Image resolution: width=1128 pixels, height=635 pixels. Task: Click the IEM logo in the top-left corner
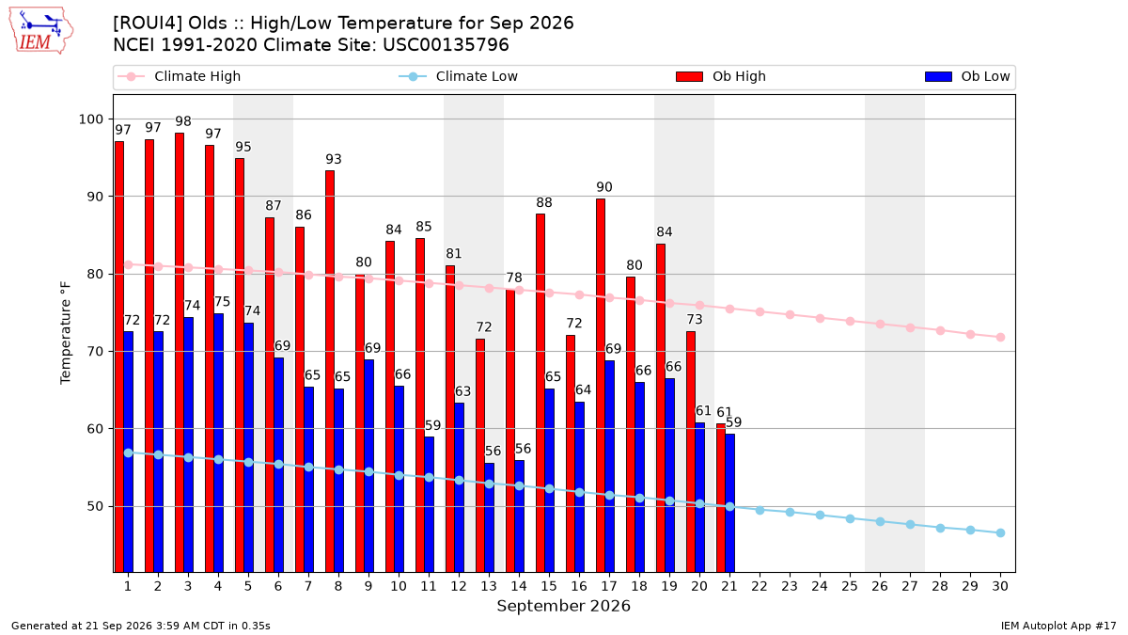(x=41, y=31)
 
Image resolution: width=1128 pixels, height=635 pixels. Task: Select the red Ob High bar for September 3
(x=180, y=352)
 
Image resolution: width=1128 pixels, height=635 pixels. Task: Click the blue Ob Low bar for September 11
(x=429, y=504)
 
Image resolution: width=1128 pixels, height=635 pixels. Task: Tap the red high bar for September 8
(x=330, y=372)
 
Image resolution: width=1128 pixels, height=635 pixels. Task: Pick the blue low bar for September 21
(x=730, y=503)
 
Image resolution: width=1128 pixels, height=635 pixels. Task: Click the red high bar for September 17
(x=601, y=386)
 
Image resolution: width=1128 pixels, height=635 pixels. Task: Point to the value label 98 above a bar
(x=183, y=121)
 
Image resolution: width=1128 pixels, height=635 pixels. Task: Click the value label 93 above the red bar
(x=334, y=159)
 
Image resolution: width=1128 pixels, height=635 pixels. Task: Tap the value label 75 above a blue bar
(x=222, y=302)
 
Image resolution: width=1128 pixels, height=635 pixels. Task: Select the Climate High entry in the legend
(x=180, y=76)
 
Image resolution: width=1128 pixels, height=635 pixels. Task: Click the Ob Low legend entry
(x=967, y=76)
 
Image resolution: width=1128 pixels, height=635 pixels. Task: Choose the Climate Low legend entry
(x=459, y=76)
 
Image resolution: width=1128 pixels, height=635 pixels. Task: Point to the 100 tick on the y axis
(x=90, y=119)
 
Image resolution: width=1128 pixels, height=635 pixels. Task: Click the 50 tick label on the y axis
(x=95, y=506)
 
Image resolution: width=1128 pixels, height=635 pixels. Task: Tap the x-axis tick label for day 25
(x=850, y=586)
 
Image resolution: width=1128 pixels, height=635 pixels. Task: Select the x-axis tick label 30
(x=1000, y=586)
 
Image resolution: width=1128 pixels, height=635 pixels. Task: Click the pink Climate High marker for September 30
(x=1000, y=337)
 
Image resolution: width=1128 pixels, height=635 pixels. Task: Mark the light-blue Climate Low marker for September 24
(x=821, y=516)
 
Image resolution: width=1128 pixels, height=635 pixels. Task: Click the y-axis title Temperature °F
(x=66, y=333)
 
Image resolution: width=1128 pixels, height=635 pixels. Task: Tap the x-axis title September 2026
(x=563, y=606)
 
